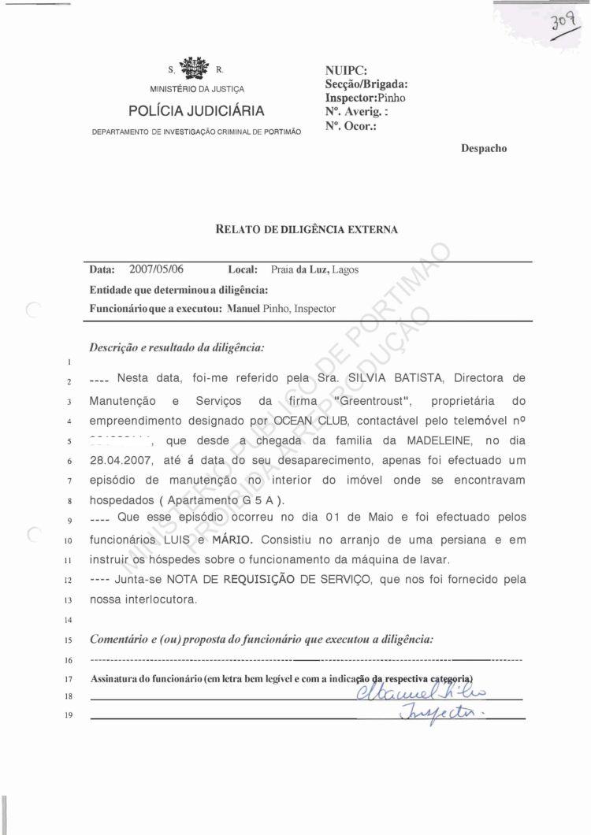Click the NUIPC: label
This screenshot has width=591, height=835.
(346, 71)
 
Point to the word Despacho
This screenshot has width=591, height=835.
(484, 148)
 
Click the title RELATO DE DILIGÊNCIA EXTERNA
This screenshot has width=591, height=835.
(307, 230)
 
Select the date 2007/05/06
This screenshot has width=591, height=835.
(157, 269)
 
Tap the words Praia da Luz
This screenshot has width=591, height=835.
(299, 269)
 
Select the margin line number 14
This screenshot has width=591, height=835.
(69, 620)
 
